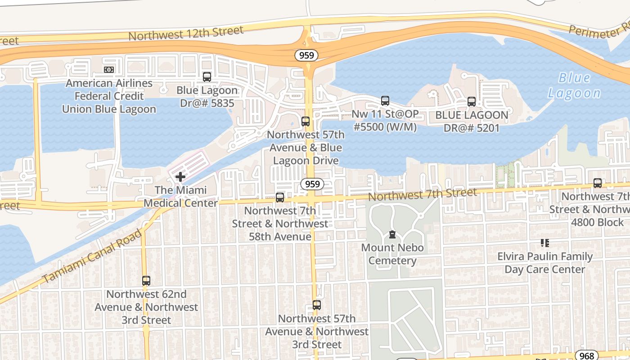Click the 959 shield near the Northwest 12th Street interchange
pyautogui.click(x=307, y=55)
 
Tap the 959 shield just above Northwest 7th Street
pyautogui.click(x=312, y=184)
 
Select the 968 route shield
pyautogui.click(x=587, y=355)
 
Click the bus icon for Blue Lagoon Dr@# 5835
pyautogui.click(x=207, y=77)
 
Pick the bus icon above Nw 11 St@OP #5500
pyautogui.click(x=385, y=101)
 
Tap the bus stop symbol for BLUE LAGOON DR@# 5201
pyautogui.click(x=471, y=102)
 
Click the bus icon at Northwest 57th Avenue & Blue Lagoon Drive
pyautogui.click(x=306, y=121)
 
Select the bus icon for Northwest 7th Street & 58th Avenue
pyautogui.click(x=280, y=197)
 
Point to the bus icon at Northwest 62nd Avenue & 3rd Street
pyautogui.click(x=146, y=281)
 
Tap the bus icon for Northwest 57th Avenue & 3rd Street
pyautogui.click(x=316, y=305)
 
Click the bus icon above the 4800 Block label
pyautogui.click(x=597, y=183)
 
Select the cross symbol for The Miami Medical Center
pyautogui.click(x=180, y=177)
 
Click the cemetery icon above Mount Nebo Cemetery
pyautogui.click(x=392, y=234)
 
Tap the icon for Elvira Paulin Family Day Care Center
pyautogui.click(x=545, y=243)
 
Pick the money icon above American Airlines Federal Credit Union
pyautogui.click(x=108, y=70)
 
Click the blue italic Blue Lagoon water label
pyautogui.click(x=574, y=85)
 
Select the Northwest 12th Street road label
pyautogui.click(x=186, y=33)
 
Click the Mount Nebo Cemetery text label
pyautogui.click(x=392, y=254)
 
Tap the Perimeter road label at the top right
pyautogui.click(x=598, y=31)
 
